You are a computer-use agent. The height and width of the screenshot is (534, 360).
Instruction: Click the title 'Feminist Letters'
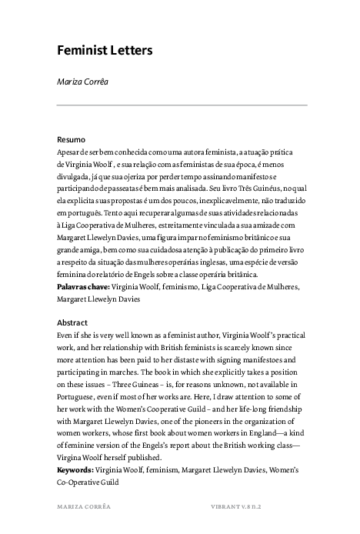click(x=105, y=51)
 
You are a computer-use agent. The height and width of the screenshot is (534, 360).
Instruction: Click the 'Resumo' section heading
click(x=72, y=141)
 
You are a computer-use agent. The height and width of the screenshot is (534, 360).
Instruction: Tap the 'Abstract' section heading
click(x=73, y=322)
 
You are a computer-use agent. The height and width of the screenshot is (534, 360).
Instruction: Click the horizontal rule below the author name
click(x=182, y=105)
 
